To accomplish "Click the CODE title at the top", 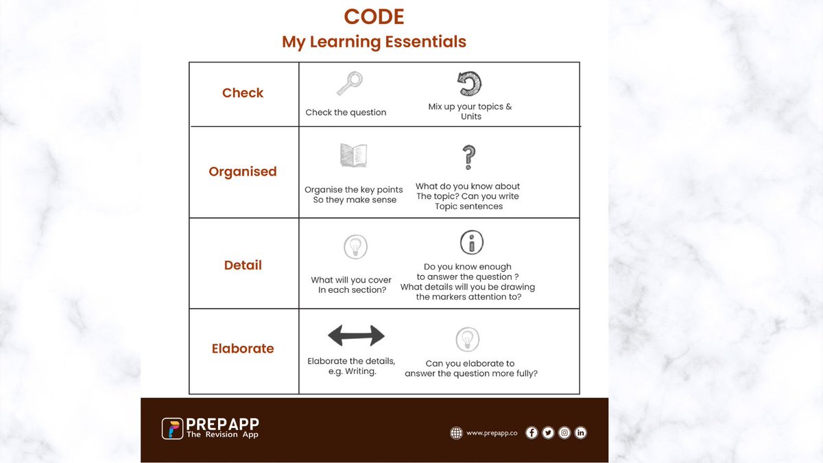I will [x=374, y=16].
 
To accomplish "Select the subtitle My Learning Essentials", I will [x=374, y=42].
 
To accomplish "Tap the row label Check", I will [x=243, y=93].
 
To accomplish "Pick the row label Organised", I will [x=243, y=171].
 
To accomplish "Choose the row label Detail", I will [x=243, y=265].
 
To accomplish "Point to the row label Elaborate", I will [x=243, y=348].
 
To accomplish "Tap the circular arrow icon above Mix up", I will [x=470, y=84].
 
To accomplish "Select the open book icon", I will [x=354, y=156].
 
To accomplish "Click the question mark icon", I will [x=469, y=157].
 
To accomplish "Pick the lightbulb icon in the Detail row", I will [x=355, y=246].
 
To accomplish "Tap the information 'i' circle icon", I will [x=471, y=242].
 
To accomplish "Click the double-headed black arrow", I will [x=356, y=335].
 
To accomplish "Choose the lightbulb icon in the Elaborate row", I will [x=468, y=340].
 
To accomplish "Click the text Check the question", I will [x=346, y=112].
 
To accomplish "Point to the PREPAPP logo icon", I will [x=172, y=428].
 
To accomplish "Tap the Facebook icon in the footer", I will [x=532, y=432].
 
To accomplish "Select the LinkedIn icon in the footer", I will [x=581, y=432].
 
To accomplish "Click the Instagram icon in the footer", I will [x=564, y=432].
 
